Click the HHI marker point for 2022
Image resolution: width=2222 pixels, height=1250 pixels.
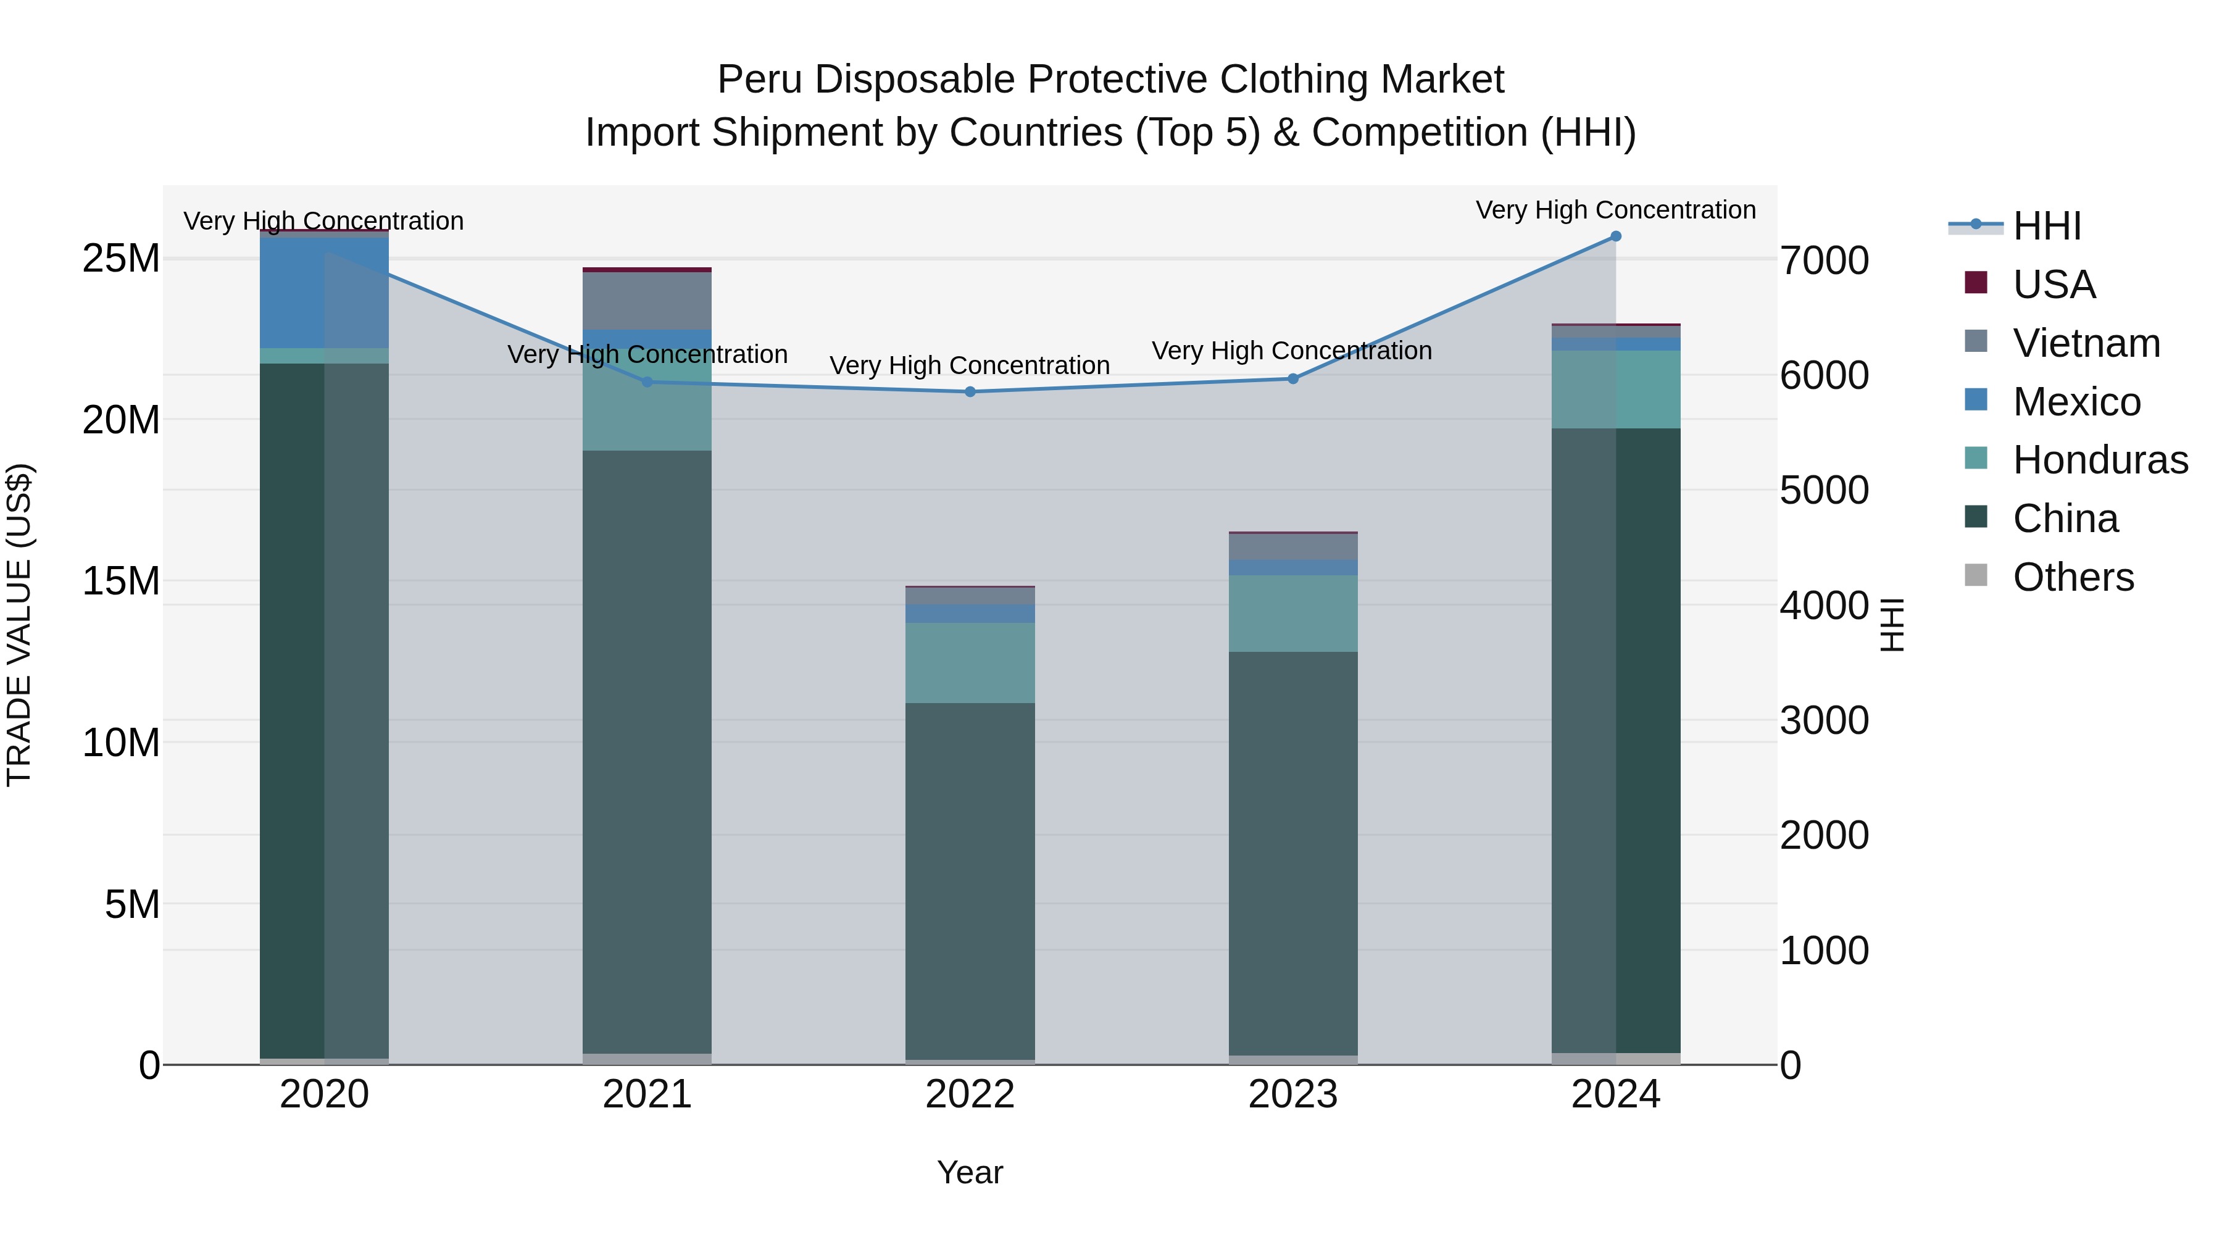(970, 391)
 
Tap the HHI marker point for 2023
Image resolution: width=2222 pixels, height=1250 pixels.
(1292, 379)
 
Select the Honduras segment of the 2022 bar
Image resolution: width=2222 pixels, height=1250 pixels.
(970, 662)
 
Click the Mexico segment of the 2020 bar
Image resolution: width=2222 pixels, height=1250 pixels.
(323, 291)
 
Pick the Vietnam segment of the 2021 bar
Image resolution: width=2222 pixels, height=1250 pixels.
(647, 300)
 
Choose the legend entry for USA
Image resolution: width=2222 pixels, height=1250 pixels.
(2053, 285)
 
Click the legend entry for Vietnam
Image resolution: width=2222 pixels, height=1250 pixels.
(2086, 343)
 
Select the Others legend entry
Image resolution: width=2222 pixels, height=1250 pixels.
(2073, 577)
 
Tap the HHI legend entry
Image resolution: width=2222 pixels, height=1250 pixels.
(2046, 226)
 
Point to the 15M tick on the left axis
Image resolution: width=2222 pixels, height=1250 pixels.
(121, 581)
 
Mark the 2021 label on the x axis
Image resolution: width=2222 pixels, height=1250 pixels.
(647, 1094)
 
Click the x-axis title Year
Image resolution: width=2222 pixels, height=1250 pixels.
(970, 1172)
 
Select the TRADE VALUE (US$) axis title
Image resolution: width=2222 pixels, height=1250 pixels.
(19, 625)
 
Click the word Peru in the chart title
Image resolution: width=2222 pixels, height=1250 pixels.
(759, 80)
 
